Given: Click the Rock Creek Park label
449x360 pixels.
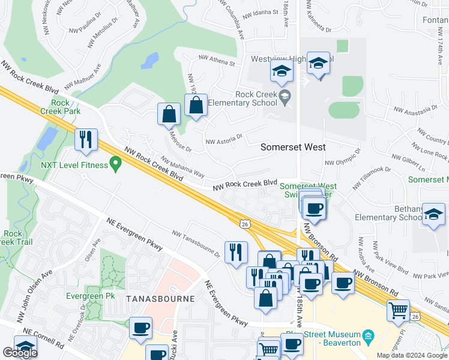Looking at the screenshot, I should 60,106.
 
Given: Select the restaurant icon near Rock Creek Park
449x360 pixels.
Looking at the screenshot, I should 86,139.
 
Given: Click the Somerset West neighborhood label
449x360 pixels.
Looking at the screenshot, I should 294,147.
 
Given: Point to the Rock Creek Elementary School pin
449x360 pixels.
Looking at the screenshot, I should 285,96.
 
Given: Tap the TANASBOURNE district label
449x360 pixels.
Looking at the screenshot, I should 160,298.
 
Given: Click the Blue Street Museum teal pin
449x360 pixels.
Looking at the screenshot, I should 369,335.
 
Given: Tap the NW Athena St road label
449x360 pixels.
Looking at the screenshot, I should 217,61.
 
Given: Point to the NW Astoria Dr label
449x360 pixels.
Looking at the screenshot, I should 223,139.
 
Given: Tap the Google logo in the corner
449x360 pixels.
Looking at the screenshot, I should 20,353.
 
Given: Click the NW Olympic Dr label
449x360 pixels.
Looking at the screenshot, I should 342,157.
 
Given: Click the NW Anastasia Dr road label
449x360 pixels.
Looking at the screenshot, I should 416,109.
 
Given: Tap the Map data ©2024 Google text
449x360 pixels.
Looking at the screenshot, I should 412,355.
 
